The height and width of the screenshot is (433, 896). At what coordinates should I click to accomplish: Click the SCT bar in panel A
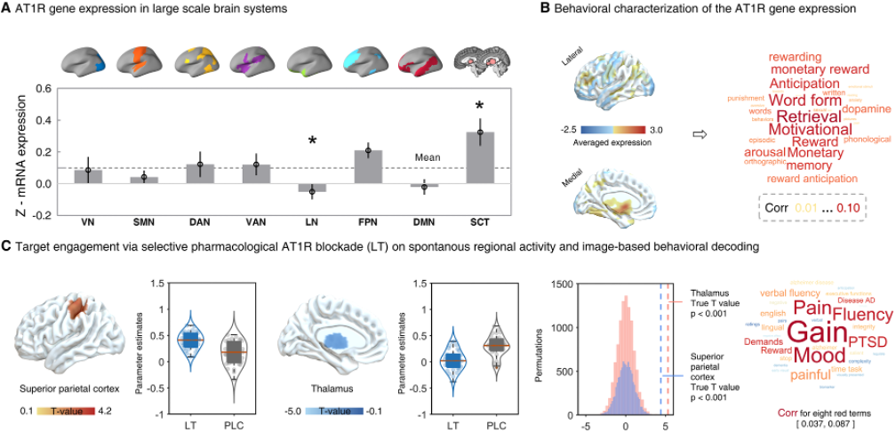click(x=480, y=157)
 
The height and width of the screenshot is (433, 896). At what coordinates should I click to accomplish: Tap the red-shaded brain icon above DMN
click(x=424, y=61)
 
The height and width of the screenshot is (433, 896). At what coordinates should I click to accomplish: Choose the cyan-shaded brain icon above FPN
click(x=368, y=61)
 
